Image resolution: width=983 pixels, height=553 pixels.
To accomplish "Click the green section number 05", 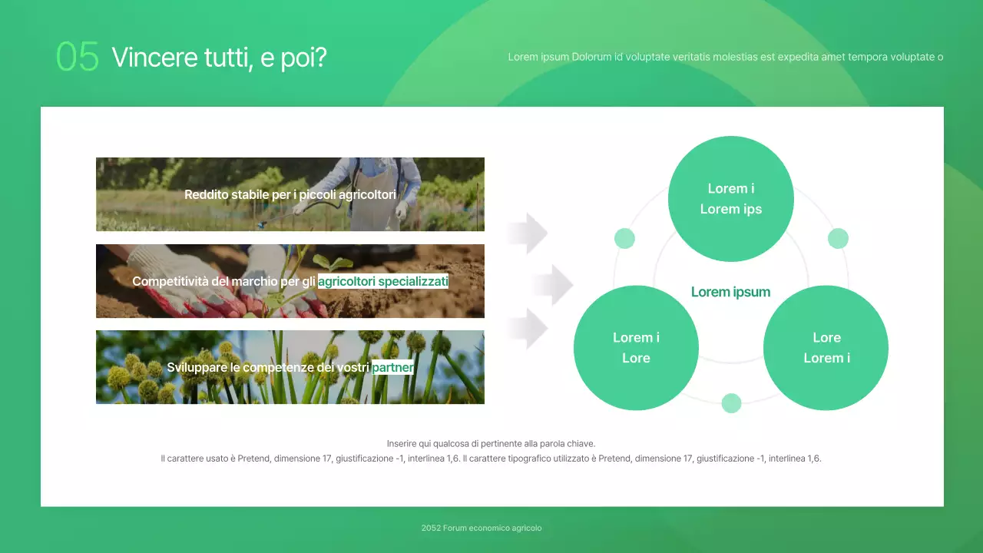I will point(78,57).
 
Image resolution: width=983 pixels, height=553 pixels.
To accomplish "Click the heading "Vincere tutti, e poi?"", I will point(219,57).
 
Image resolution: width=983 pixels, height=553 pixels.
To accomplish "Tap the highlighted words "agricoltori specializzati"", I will point(382,282).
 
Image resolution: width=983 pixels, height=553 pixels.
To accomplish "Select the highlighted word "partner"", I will point(392,368).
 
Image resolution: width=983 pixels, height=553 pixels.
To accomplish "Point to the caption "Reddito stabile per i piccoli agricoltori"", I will point(290,195).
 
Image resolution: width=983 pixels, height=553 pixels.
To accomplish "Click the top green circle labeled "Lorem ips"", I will point(730,199).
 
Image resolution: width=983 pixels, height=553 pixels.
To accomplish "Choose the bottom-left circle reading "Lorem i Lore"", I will point(636,348).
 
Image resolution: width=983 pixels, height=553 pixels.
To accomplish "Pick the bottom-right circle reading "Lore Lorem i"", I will point(826,348).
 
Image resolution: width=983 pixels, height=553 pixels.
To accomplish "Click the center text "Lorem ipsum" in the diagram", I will point(730,292).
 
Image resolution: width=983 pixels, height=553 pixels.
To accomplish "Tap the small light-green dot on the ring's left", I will point(624,238).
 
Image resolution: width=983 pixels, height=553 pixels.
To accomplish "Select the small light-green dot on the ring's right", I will point(838,238).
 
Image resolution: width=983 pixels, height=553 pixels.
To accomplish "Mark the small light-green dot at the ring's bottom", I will point(731,403).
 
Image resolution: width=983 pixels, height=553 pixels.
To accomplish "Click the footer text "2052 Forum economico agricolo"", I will point(482,528).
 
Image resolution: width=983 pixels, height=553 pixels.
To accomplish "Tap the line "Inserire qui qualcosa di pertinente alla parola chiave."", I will point(491,444).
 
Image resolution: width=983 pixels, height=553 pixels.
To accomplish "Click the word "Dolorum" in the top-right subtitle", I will point(591,57).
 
